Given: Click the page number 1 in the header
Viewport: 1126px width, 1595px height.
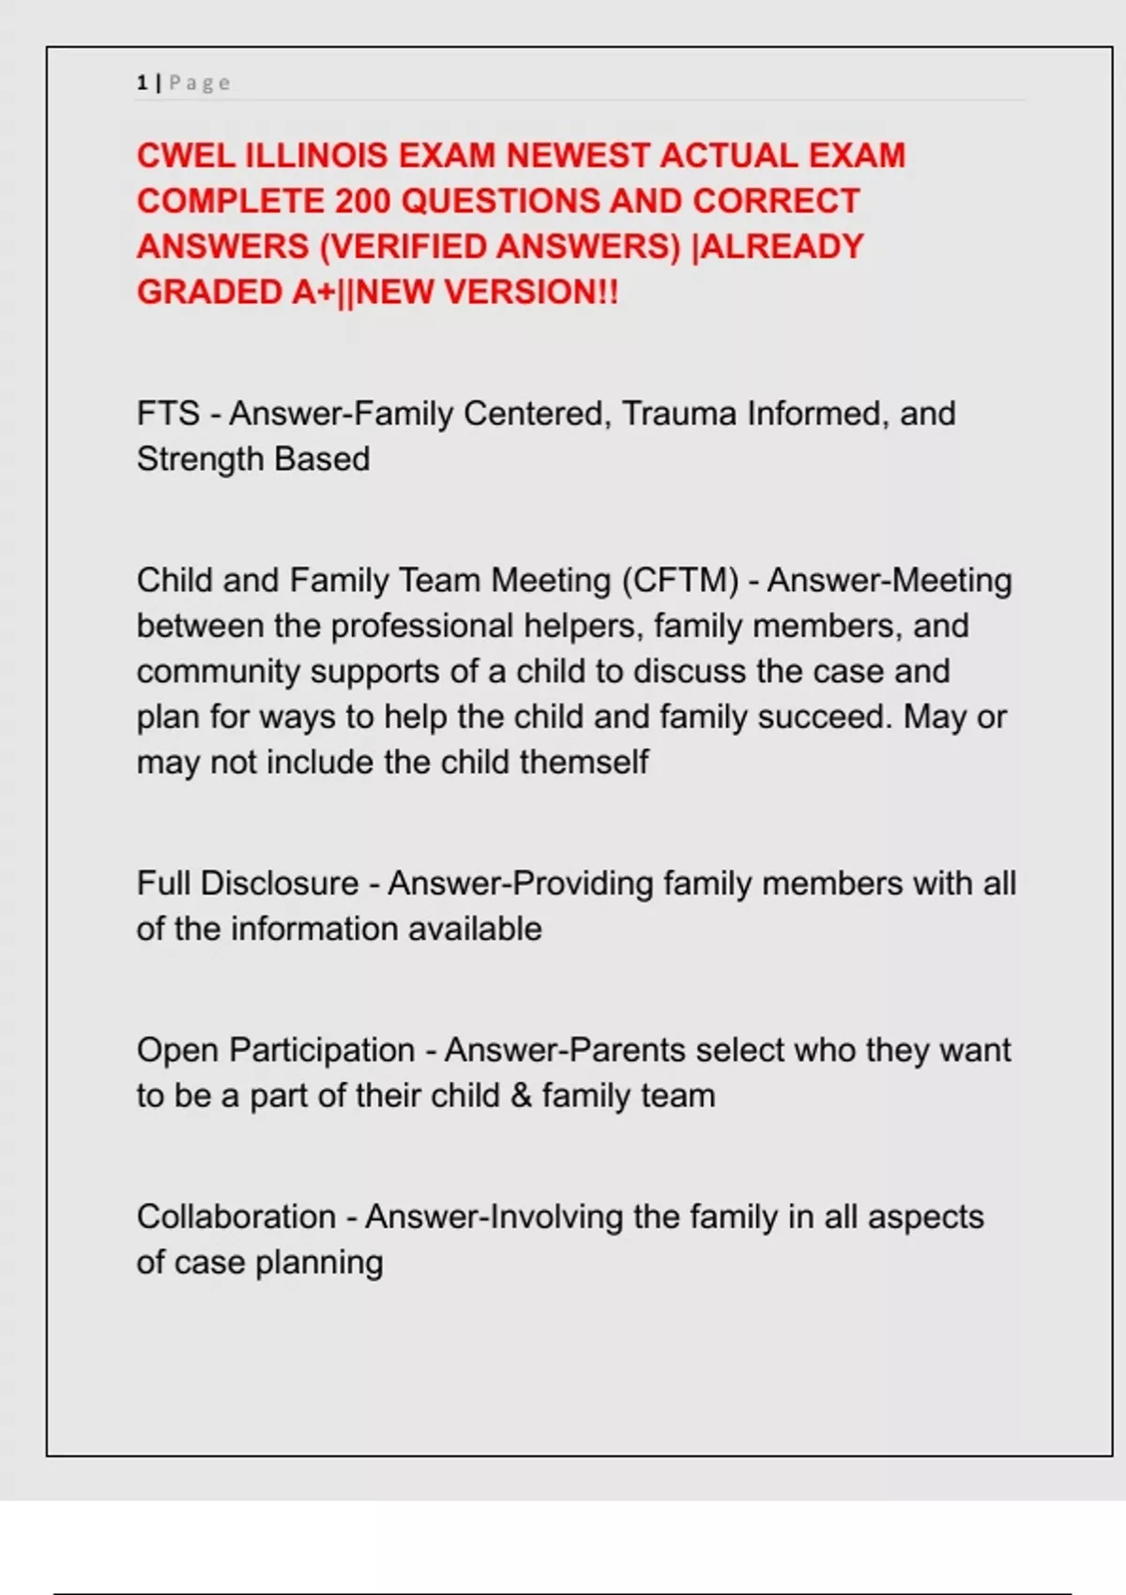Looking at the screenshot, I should coord(142,84).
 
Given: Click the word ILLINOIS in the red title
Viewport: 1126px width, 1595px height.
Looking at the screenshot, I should coord(316,156).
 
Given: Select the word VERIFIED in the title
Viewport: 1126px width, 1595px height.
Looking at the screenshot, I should coord(406,247).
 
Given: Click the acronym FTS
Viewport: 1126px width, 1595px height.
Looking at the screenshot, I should coord(168,414).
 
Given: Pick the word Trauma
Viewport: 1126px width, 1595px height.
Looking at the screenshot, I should coord(678,414).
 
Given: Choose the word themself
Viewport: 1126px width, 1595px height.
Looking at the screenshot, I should coord(584,763).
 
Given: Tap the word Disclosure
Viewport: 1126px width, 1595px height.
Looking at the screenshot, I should coord(280,884).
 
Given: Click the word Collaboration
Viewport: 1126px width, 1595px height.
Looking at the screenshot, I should coord(236,1217).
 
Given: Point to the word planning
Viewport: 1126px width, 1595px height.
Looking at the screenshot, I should coord(319,1263).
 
